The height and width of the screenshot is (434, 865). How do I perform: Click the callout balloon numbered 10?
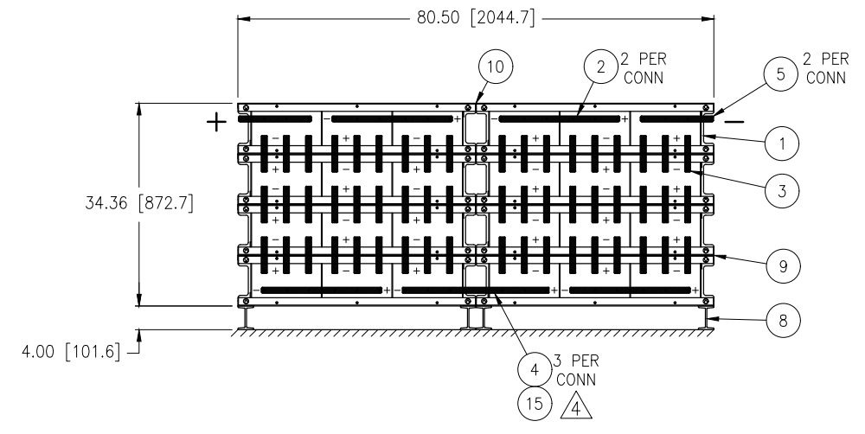tap(496, 67)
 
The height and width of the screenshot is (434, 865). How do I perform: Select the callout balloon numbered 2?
tap(601, 67)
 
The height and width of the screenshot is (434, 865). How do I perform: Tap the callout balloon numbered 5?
tap(780, 73)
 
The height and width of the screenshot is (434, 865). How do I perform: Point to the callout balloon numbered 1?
tap(782, 144)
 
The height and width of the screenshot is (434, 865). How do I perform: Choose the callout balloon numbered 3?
tap(782, 191)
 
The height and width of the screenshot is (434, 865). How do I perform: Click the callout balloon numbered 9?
tap(783, 266)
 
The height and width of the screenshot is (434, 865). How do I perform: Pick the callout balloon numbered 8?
tap(783, 320)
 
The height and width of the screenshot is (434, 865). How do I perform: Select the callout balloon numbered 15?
tap(535, 404)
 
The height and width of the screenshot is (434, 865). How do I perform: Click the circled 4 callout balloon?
tap(535, 369)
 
